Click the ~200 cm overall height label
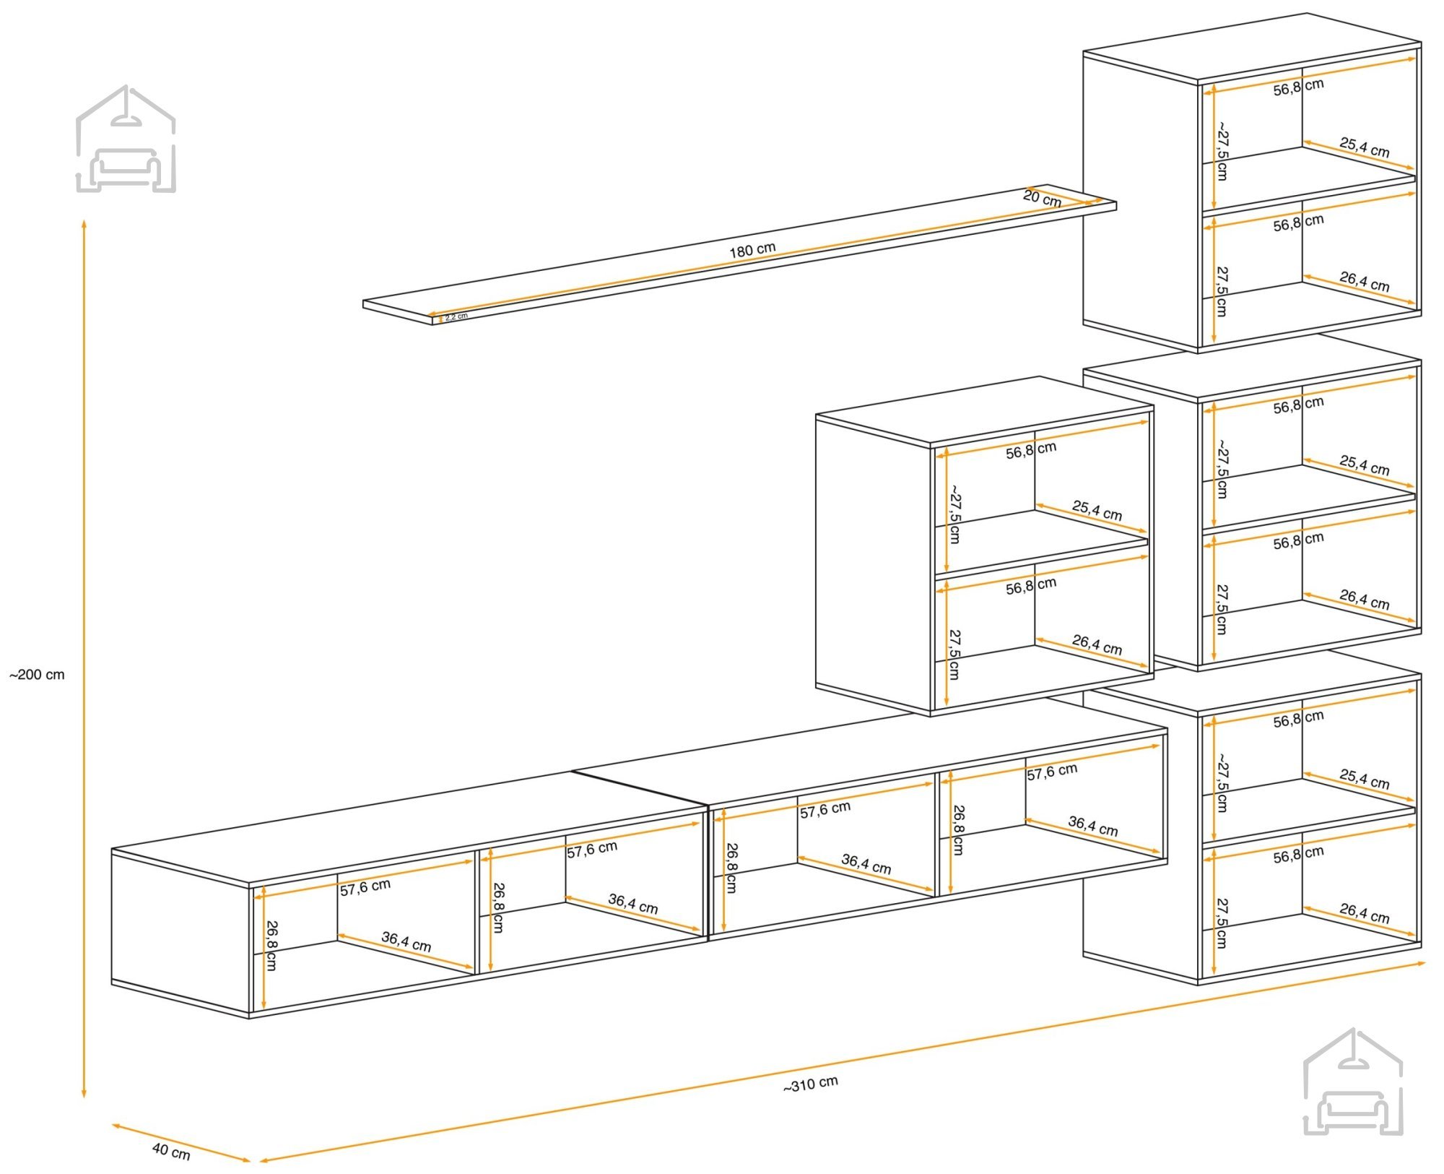click(x=37, y=675)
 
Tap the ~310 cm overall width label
click(x=811, y=1084)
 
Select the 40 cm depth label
click(x=171, y=1151)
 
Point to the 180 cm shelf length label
click(x=752, y=250)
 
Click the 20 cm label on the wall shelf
click(x=1042, y=198)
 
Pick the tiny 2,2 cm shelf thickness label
click(x=456, y=316)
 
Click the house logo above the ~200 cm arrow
click(x=126, y=139)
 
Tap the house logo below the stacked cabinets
click(x=1353, y=1081)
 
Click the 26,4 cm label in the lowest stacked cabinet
click(x=1364, y=913)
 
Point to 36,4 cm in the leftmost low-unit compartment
click(x=406, y=941)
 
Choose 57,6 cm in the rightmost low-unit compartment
click(x=1052, y=772)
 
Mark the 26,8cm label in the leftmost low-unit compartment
click(x=271, y=945)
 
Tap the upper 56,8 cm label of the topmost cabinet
click(x=1298, y=87)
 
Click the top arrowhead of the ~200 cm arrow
click(x=84, y=223)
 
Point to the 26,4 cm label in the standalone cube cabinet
click(x=1097, y=644)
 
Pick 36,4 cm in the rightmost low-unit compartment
click(x=1093, y=826)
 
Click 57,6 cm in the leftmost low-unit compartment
click(x=365, y=887)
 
